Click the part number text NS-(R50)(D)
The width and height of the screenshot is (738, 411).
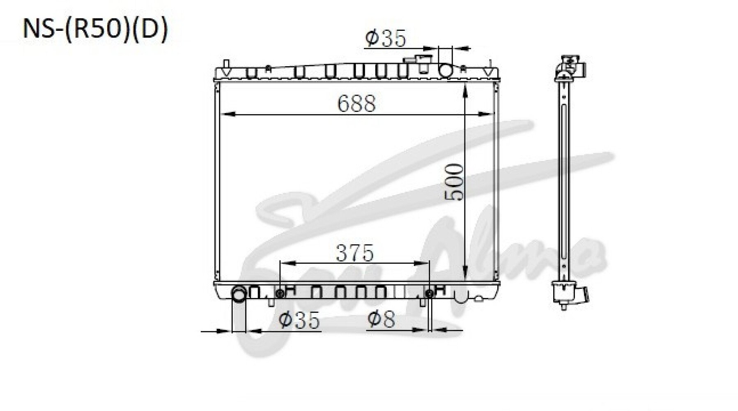[96, 30]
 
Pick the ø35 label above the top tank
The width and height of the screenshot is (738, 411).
[385, 38]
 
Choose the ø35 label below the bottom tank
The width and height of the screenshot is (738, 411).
[299, 320]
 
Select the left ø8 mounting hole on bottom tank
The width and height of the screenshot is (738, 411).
[280, 293]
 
